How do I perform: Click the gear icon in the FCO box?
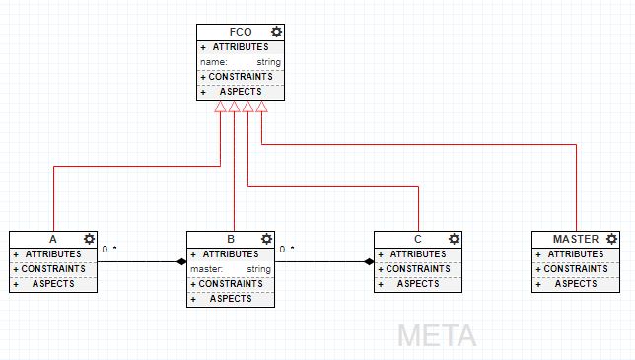tap(276, 32)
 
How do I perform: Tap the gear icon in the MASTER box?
tap(611, 239)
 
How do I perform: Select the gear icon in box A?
tap(89, 239)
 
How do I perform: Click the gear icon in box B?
tap(266, 239)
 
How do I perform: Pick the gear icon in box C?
tap(454, 239)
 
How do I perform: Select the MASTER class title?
tap(575, 240)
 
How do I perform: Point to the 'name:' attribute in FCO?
tap(214, 62)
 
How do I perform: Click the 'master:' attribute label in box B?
tap(207, 269)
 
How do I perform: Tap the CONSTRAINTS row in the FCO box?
tap(241, 77)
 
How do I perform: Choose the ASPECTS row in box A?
tap(54, 284)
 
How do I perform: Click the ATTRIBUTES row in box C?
tap(418, 254)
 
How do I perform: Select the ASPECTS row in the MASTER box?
tap(576, 284)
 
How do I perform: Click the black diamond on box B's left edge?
tap(181, 262)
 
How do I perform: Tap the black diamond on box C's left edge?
tap(369, 262)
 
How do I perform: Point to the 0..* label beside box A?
tap(109, 250)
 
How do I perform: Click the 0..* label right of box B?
tap(287, 250)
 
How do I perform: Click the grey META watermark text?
tap(437, 335)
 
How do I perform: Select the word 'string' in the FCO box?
tap(269, 62)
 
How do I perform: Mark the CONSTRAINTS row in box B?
tap(231, 284)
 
